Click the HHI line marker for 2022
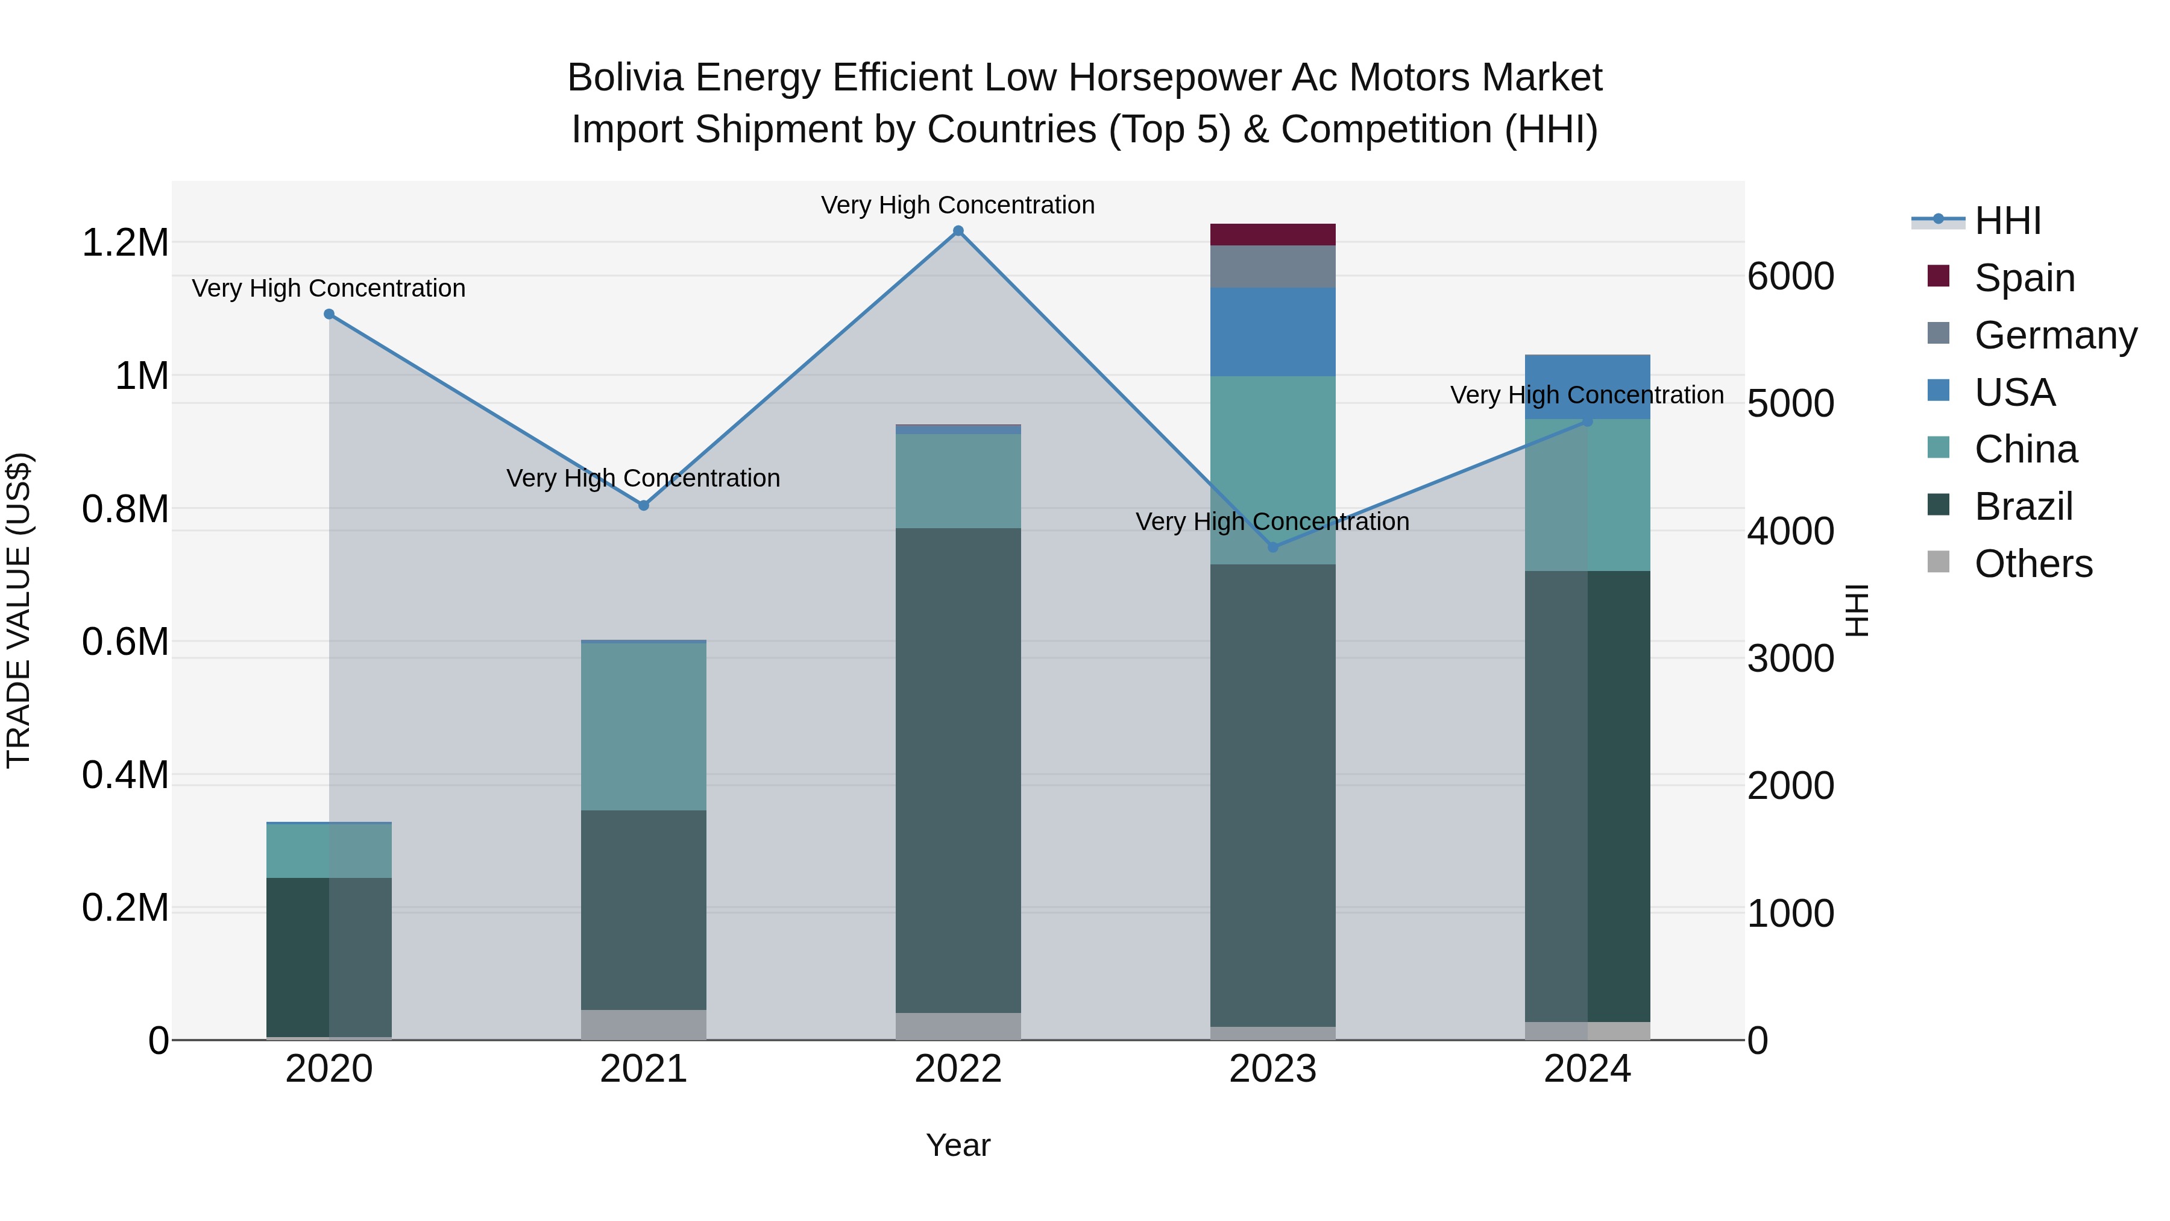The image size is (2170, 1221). (x=958, y=231)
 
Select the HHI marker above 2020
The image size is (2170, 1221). (x=329, y=314)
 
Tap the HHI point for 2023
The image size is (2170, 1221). (x=1273, y=547)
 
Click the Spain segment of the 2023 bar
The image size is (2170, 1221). (x=1273, y=235)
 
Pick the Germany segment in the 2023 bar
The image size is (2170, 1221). (x=1273, y=267)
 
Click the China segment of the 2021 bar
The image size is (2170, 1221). (x=644, y=727)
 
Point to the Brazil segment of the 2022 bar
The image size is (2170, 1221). (x=958, y=770)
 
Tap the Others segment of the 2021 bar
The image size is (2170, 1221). (x=644, y=1024)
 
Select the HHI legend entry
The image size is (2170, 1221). (x=2007, y=221)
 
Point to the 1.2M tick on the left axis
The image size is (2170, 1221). (x=125, y=242)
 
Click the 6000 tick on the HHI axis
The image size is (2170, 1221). (x=1790, y=276)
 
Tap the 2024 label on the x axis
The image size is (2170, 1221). (x=1587, y=1069)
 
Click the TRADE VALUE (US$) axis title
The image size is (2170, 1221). (x=19, y=610)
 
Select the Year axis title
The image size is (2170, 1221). (x=958, y=1145)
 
